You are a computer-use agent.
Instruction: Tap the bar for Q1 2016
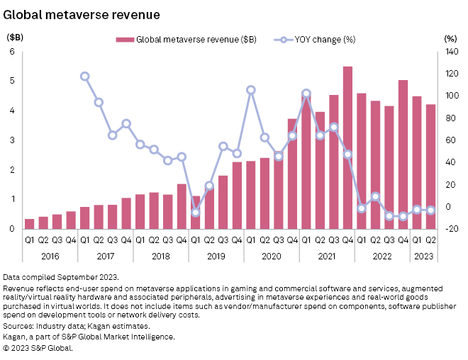[x=29, y=224]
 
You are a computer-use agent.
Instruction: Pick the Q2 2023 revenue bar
[x=430, y=167]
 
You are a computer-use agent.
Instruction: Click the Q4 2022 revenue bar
[x=403, y=154]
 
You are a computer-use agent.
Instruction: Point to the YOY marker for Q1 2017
[x=84, y=77]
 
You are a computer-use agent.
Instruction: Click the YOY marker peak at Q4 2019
[x=251, y=90]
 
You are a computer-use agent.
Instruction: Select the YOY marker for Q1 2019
[x=196, y=213]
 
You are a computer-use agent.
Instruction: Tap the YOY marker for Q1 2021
[x=306, y=94]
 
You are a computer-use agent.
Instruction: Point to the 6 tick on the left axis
[x=12, y=52]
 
